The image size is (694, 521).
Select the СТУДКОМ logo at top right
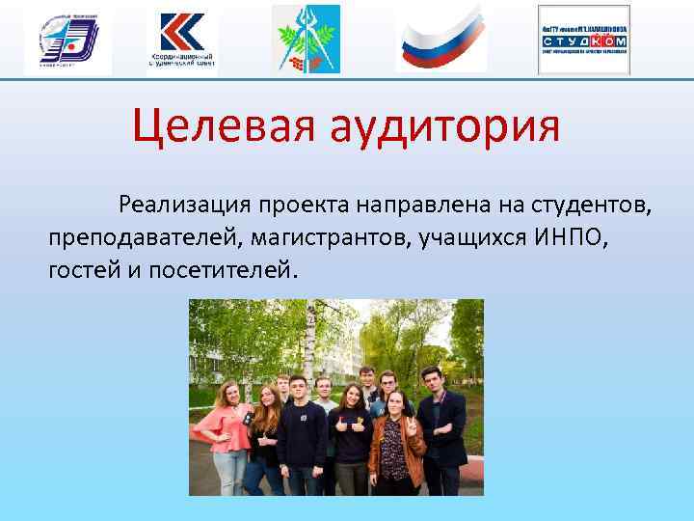point(583,40)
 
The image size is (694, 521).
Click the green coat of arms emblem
point(306,39)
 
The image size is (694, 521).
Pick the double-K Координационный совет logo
point(182,40)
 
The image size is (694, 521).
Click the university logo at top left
point(68,40)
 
